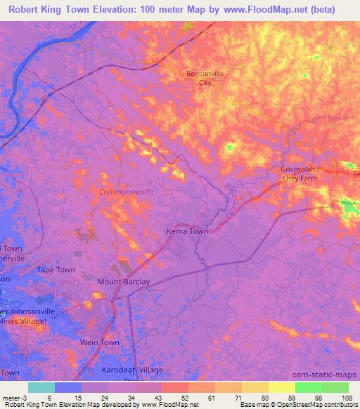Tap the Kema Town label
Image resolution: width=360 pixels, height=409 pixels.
[187, 231]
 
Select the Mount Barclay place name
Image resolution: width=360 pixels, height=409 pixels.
[124, 282]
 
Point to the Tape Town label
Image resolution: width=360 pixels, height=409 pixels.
[56, 270]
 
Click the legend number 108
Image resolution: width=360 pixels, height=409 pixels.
[347, 397]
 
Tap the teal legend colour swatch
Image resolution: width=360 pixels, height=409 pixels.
[41, 387]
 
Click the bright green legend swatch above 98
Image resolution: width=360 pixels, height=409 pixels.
[309, 387]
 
